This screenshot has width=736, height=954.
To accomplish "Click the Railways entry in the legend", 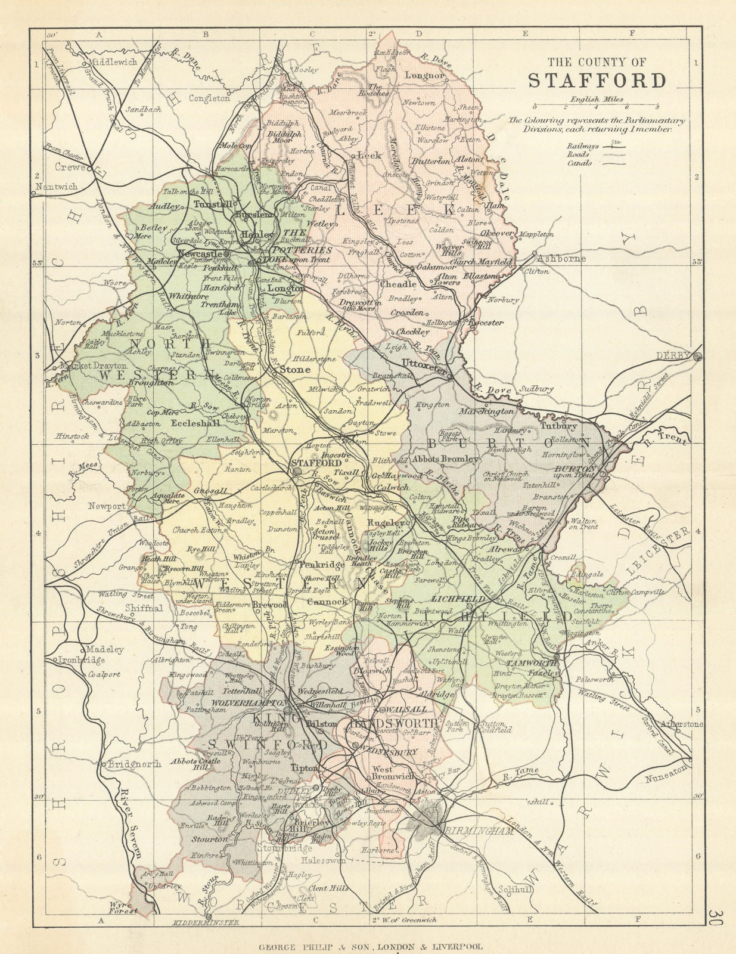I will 583,144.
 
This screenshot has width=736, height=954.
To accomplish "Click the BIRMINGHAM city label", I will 478,830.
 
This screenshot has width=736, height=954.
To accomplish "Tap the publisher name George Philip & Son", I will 315,946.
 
